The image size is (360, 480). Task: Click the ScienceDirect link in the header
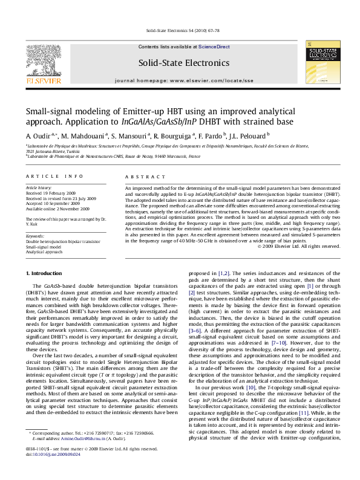tap(214, 47)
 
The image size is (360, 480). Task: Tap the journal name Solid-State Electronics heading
tap(184, 62)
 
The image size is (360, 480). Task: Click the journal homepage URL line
tap(184, 80)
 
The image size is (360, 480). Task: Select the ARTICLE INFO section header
tap(54, 176)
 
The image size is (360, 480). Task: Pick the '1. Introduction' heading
tap(47, 274)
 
